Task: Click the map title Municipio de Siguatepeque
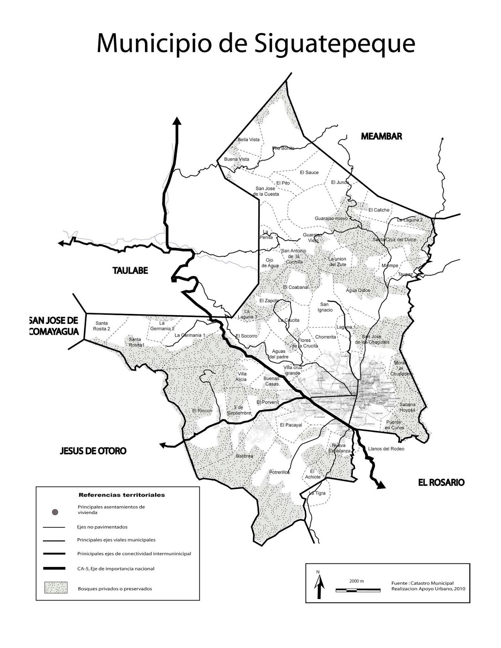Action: click(x=256, y=43)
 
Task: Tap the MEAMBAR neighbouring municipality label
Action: click(x=381, y=136)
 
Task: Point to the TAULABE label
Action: click(x=130, y=271)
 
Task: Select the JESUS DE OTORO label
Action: click(x=93, y=450)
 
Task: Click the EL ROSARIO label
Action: click(x=441, y=482)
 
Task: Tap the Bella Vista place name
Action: click(x=249, y=140)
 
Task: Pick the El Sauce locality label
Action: click(x=309, y=173)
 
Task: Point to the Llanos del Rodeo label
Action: click(x=386, y=449)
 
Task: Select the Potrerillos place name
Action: click(x=279, y=472)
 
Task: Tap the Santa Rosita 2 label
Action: click(x=102, y=326)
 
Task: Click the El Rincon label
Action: click(x=202, y=411)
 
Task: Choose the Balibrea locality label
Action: click(x=244, y=456)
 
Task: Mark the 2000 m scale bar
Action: click(x=358, y=590)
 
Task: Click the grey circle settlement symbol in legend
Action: click(x=55, y=512)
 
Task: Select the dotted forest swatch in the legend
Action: click(x=55, y=588)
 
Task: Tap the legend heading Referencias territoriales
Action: click(x=122, y=495)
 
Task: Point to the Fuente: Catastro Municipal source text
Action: click(x=422, y=583)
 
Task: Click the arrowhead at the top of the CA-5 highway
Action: click(x=177, y=121)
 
